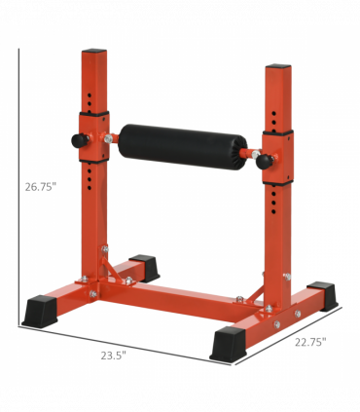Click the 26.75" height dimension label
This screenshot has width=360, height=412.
click(x=40, y=187)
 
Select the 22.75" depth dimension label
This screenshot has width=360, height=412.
click(x=309, y=342)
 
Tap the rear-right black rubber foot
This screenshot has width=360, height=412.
click(x=322, y=294)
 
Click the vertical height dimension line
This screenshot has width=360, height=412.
click(x=20, y=185)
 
